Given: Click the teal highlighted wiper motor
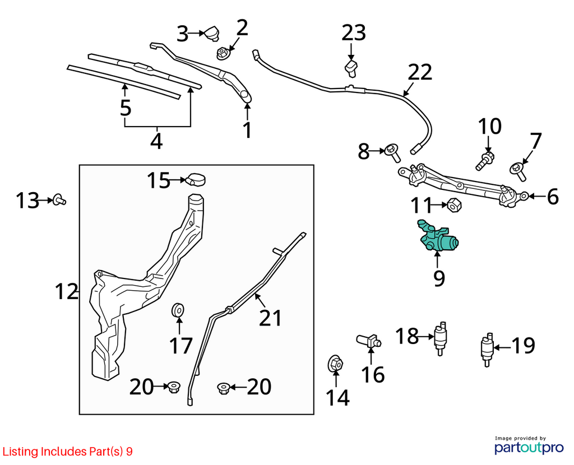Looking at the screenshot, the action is [437, 236].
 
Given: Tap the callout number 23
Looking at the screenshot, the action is [354, 32].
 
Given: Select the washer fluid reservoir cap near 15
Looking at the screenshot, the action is [196, 180].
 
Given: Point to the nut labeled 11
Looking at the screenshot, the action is [454, 205].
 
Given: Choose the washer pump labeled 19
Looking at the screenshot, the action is [487, 349].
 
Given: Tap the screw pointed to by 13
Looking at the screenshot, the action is [59, 200].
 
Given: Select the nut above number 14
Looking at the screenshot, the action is [335, 363].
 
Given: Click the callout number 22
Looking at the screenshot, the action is [420, 72].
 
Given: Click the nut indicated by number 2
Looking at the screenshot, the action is [223, 53].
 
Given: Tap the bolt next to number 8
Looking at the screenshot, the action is [393, 153].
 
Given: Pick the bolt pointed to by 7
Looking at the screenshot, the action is [519, 171].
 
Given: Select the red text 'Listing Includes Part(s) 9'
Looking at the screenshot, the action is [67, 452].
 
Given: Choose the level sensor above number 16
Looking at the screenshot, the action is [369, 341].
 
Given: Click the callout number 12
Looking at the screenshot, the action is [66, 291].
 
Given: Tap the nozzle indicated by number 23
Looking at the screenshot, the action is [351, 68].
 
